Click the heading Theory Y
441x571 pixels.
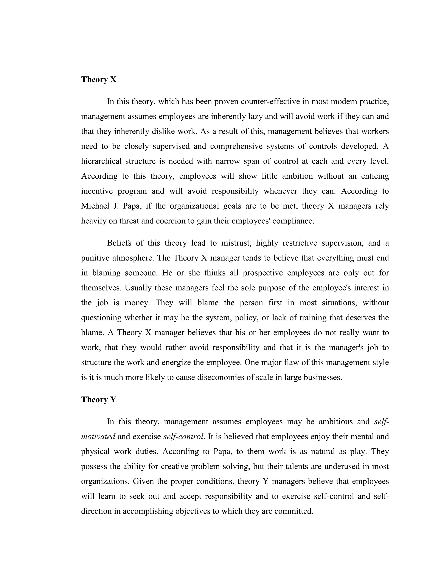coord(98,399)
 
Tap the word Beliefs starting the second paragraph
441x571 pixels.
coord(119,243)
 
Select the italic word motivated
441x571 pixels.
coord(98,437)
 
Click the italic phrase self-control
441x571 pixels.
coord(183,437)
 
